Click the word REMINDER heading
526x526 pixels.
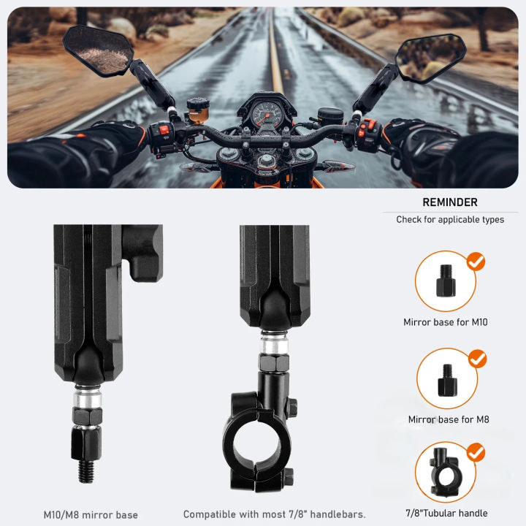click(x=450, y=202)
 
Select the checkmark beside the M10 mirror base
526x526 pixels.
click(x=476, y=262)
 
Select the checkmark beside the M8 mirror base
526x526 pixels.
click(x=477, y=359)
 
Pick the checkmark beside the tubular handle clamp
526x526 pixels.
click(x=476, y=453)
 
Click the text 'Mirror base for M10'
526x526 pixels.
click(x=446, y=321)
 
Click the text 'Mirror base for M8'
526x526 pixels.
click(x=449, y=419)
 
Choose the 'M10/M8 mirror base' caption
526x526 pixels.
click(x=91, y=514)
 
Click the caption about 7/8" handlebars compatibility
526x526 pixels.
click(x=275, y=514)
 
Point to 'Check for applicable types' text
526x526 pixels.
click(x=450, y=219)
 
